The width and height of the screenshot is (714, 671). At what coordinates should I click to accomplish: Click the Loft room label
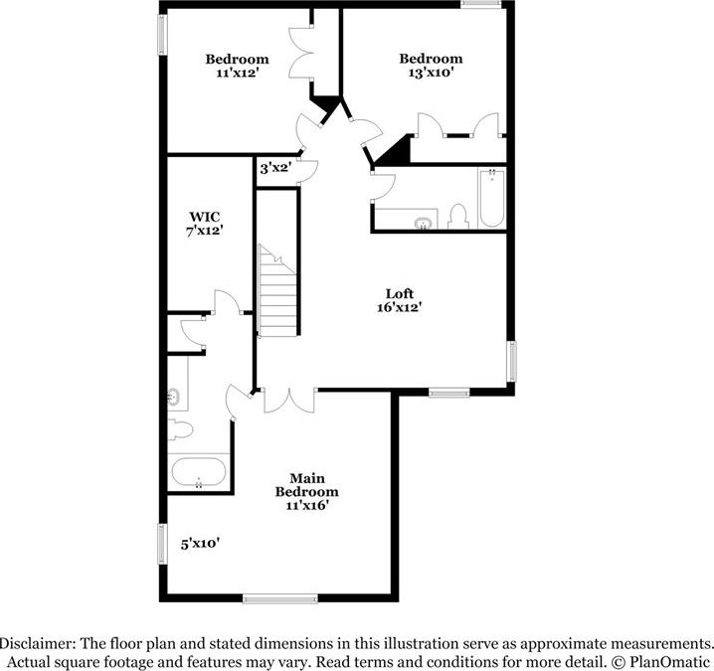point(399,293)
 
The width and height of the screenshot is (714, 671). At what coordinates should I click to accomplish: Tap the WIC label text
point(205,216)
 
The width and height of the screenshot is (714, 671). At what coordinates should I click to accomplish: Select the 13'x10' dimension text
point(431,73)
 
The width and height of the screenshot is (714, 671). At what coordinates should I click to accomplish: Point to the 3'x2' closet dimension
point(273,168)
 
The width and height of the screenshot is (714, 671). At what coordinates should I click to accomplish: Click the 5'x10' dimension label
point(199,544)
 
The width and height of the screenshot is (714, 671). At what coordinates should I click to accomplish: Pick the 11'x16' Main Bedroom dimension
point(305,506)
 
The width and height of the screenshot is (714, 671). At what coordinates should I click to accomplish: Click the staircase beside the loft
point(277,293)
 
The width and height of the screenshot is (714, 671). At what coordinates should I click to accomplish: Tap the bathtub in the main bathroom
point(199,472)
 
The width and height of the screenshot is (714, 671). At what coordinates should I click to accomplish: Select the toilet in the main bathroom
point(179,430)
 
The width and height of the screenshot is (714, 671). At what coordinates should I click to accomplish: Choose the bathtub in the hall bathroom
point(492,200)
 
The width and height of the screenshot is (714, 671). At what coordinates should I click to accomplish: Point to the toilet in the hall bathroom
point(458,216)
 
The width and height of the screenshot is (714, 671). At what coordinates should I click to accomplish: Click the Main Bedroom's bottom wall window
point(279,597)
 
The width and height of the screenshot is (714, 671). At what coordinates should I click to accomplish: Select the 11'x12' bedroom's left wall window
point(162,35)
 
